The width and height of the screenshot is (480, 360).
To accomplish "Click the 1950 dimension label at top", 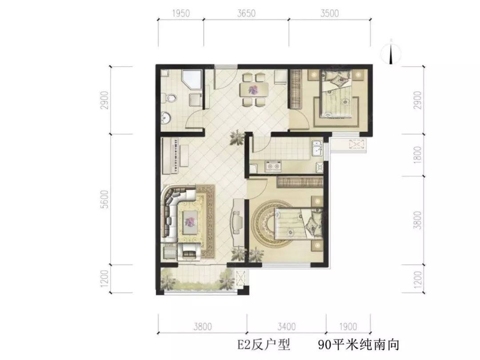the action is [181, 13].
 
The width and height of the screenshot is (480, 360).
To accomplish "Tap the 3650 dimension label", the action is [246, 13].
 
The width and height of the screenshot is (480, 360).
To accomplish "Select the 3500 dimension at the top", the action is [330, 13].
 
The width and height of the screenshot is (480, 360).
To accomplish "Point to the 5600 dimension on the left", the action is [105, 199].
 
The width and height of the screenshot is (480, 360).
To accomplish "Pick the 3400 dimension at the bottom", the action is [287, 327].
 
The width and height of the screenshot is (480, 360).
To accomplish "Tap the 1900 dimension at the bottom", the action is [348, 327].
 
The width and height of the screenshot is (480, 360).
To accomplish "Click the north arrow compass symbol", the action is [391, 52].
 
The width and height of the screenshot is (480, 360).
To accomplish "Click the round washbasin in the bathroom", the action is [166, 117].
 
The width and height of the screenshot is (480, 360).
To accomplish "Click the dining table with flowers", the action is [254, 90].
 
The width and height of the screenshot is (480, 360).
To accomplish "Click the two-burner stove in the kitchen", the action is [273, 166].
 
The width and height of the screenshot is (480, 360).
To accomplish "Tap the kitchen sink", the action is [316, 148].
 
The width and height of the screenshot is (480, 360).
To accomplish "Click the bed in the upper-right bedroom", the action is [336, 93].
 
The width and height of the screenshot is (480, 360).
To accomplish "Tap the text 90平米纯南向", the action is [359, 345].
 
